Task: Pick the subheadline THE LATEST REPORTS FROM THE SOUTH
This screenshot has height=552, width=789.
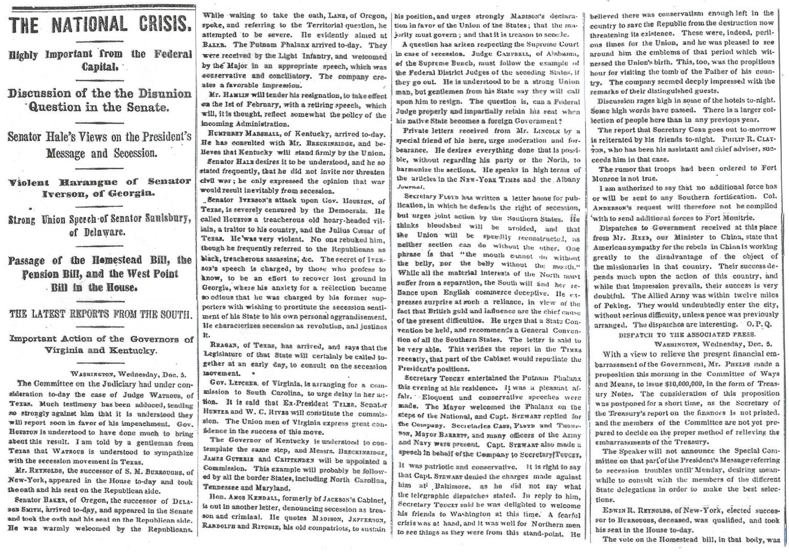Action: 100,314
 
